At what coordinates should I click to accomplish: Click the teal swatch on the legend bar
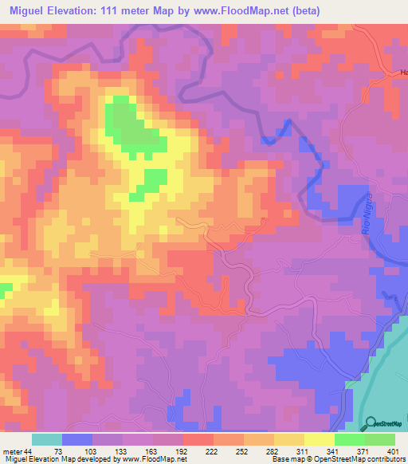[47, 439]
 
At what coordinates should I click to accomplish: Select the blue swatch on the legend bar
[77, 439]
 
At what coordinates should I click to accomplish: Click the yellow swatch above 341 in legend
[320, 439]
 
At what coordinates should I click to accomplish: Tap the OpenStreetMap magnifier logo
[371, 423]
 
